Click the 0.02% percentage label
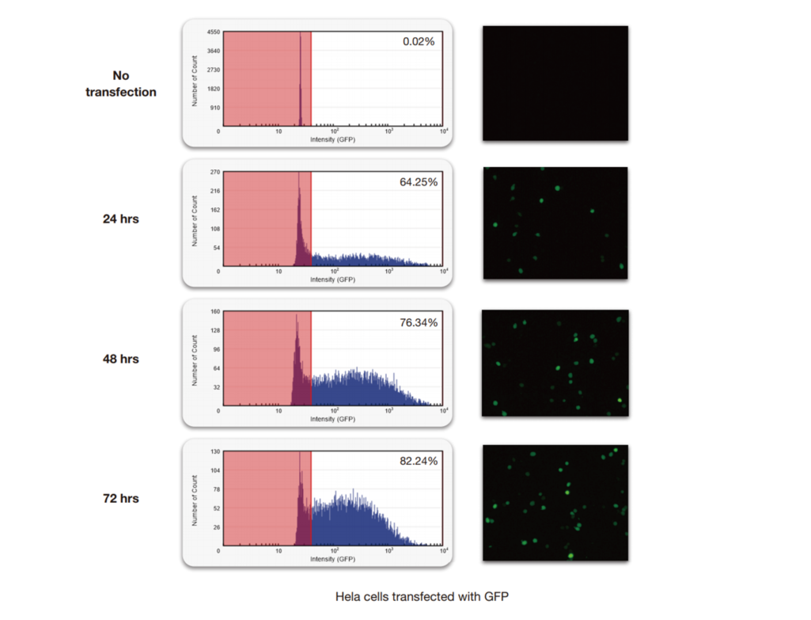[x=419, y=41]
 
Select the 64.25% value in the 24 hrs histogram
[x=418, y=181]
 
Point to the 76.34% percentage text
[x=418, y=322]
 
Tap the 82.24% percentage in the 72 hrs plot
[x=418, y=461]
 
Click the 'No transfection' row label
[x=121, y=84]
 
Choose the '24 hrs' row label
[x=120, y=219]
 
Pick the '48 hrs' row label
[x=120, y=359]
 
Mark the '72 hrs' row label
[x=120, y=498]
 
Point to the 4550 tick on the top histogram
[x=213, y=32]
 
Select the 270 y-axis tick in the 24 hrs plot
[x=214, y=172]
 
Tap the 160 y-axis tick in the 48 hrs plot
[x=214, y=312]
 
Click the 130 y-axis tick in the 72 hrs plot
[x=214, y=451]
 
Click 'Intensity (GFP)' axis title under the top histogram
[x=332, y=139]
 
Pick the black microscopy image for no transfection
[x=555, y=83]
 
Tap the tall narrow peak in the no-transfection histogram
[x=301, y=79]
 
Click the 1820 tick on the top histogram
[x=213, y=89]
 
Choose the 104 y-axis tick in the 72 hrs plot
[x=214, y=470]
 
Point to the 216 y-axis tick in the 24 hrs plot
[x=214, y=191]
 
